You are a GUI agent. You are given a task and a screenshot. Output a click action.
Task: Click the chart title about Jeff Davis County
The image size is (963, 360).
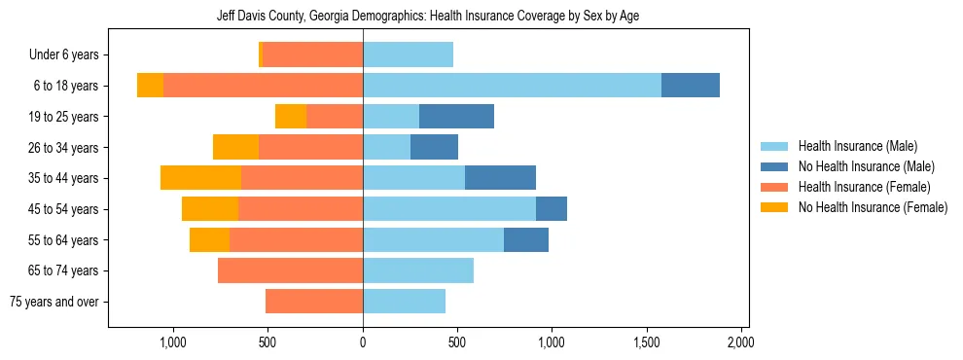(x=428, y=17)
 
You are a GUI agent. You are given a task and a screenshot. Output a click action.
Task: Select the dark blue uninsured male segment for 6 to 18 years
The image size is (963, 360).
(x=691, y=86)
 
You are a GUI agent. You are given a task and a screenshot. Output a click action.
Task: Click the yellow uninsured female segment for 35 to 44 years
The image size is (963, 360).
(x=200, y=178)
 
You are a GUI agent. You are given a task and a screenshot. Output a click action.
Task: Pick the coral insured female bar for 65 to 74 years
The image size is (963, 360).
(x=290, y=270)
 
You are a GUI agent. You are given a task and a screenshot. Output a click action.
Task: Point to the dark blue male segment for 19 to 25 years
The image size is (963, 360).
(x=456, y=117)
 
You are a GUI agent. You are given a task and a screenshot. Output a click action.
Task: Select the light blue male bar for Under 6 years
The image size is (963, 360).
(x=408, y=55)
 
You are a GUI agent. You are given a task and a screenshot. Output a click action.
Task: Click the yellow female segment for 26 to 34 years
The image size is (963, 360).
(x=235, y=147)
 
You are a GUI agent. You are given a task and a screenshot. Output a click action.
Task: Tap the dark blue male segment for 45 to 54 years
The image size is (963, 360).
(x=552, y=209)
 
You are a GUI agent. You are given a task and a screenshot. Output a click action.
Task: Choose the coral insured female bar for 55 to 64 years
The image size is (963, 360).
(x=296, y=240)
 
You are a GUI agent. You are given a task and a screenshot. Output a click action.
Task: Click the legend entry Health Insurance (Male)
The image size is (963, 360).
(x=857, y=146)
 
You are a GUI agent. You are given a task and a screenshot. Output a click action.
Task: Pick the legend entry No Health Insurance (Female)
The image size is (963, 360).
(x=873, y=207)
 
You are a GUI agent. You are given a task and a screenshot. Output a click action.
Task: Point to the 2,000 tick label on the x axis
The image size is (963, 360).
(x=740, y=342)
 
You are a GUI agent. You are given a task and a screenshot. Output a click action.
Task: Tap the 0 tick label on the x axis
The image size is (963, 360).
(x=363, y=342)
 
